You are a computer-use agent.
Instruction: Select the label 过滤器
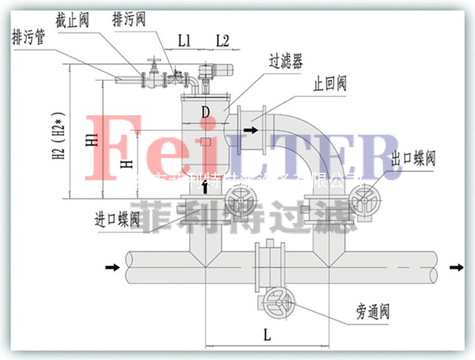tap(285, 63)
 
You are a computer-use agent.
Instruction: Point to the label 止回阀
tap(329, 84)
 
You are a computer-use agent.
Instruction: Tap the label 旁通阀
tap(372, 311)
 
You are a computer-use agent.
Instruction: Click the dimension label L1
tap(184, 40)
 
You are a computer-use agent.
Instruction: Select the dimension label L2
tap(222, 40)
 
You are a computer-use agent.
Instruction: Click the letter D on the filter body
tap(206, 113)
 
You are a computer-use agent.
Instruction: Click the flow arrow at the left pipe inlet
tap(113, 267)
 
